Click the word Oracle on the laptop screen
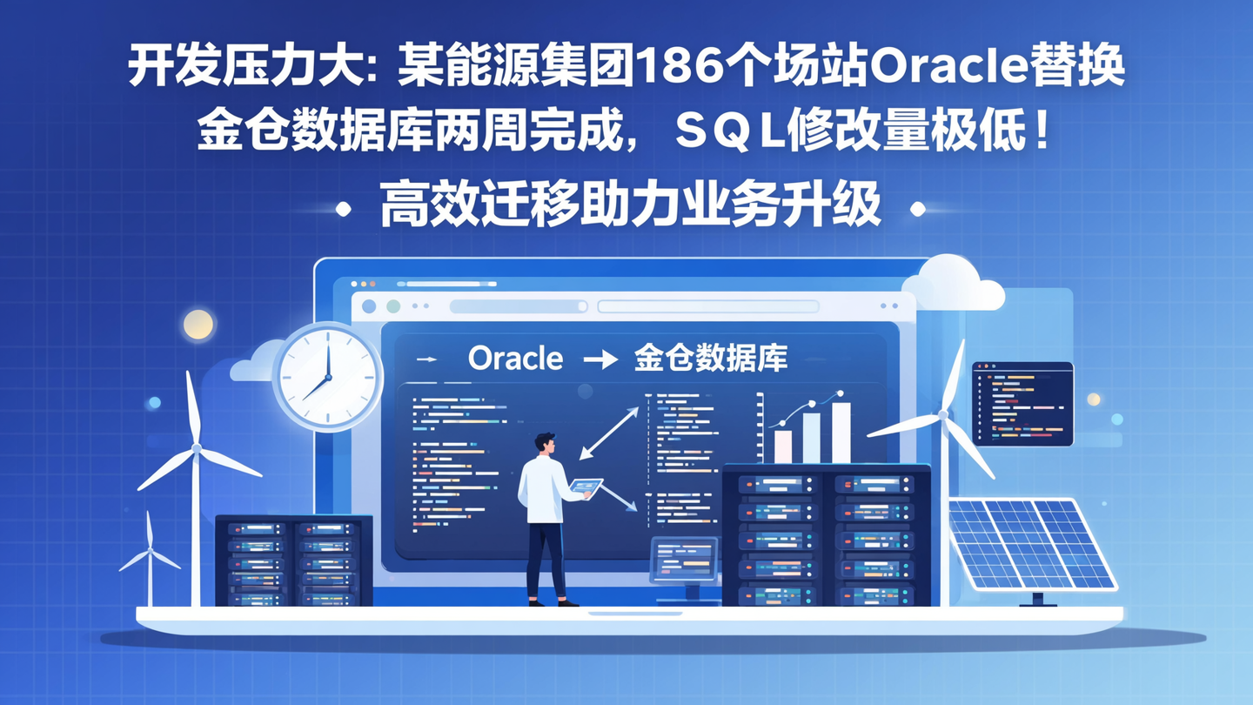pos(515,358)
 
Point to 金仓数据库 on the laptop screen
pos(711,358)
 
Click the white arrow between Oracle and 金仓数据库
pos(600,359)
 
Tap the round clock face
pos(328,377)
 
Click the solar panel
pos(1031,544)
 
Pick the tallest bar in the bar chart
pos(841,432)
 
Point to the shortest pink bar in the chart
pos(783,446)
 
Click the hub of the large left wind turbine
pos(197,448)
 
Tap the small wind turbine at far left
pos(150,557)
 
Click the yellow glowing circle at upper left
pos(198,325)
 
